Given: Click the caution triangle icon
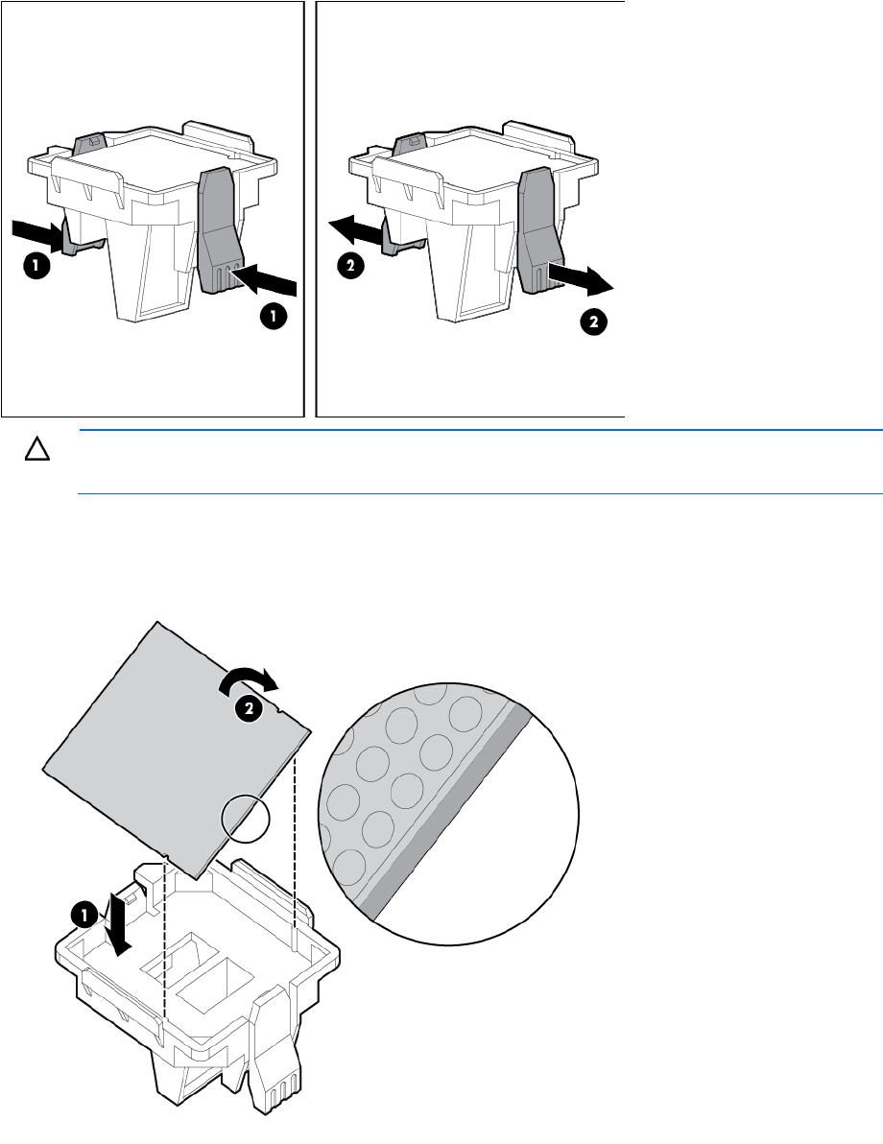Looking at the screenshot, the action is tap(37, 449).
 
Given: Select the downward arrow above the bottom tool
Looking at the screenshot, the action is tap(118, 923).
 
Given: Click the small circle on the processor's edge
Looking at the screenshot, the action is tap(245, 818).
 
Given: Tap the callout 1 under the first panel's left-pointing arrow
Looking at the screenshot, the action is tap(274, 317).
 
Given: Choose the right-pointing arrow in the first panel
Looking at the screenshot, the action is tap(38, 232).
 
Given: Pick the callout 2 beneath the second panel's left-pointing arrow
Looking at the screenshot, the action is tap(351, 266).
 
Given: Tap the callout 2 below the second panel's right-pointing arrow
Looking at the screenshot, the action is tap(593, 321).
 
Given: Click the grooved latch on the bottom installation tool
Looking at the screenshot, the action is tap(273, 1051).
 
